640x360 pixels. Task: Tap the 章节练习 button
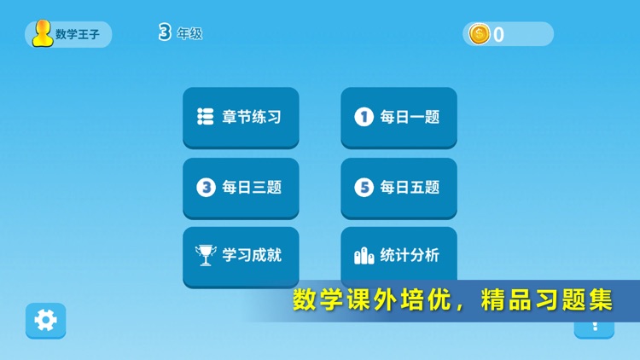(241, 117)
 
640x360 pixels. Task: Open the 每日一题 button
(399, 117)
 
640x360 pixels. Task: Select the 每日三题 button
(241, 187)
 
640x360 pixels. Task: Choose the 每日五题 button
(399, 187)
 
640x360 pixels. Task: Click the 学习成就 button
(241, 255)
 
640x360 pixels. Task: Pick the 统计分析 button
(399, 254)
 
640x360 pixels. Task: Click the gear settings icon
(45, 320)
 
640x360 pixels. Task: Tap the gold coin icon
(480, 34)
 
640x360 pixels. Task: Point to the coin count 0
(499, 35)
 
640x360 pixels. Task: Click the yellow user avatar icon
(43, 34)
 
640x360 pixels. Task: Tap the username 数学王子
(79, 35)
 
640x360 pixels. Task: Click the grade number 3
(165, 33)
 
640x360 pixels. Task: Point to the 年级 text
(189, 34)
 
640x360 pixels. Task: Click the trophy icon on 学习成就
(206, 255)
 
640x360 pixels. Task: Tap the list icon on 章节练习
(206, 117)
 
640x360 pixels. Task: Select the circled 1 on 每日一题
(364, 117)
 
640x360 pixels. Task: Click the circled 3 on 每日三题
(206, 187)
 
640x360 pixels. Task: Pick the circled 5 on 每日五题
(364, 187)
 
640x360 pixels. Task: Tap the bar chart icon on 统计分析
(364, 255)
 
